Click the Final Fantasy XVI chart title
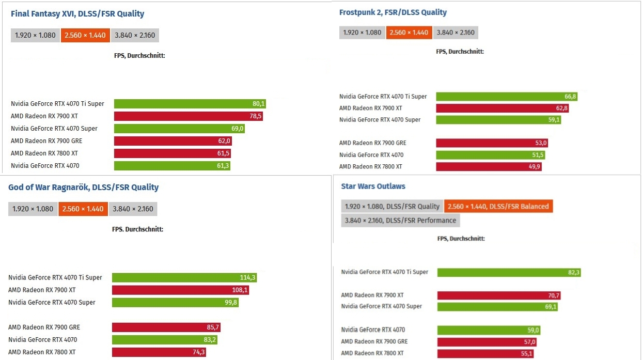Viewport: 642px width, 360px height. tap(77, 14)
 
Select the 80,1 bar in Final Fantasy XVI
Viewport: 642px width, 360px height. tap(190, 104)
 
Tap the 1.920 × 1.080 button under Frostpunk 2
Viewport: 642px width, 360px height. tap(362, 33)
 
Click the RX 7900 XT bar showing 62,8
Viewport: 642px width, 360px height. tap(502, 108)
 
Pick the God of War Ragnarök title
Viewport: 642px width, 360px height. tap(83, 187)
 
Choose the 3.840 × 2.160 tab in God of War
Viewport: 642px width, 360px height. tap(133, 209)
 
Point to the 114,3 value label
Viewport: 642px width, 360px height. tap(248, 278)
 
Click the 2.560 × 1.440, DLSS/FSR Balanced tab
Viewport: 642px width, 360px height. tap(498, 207)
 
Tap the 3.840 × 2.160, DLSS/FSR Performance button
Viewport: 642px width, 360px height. tap(400, 221)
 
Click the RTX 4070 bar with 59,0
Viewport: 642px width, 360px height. tap(489, 330)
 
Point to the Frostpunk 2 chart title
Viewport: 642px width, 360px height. tap(393, 12)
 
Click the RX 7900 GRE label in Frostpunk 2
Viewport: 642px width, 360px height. tap(372, 143)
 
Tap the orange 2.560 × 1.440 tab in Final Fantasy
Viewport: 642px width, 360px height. tap(85, 36)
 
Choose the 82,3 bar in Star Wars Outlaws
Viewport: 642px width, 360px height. tap(509, 273)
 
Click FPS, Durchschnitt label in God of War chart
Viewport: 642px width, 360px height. tap(137, 229)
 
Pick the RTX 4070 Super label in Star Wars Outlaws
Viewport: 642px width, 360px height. tap(381, 306)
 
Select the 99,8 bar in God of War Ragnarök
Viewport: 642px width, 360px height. tap(175, 303)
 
